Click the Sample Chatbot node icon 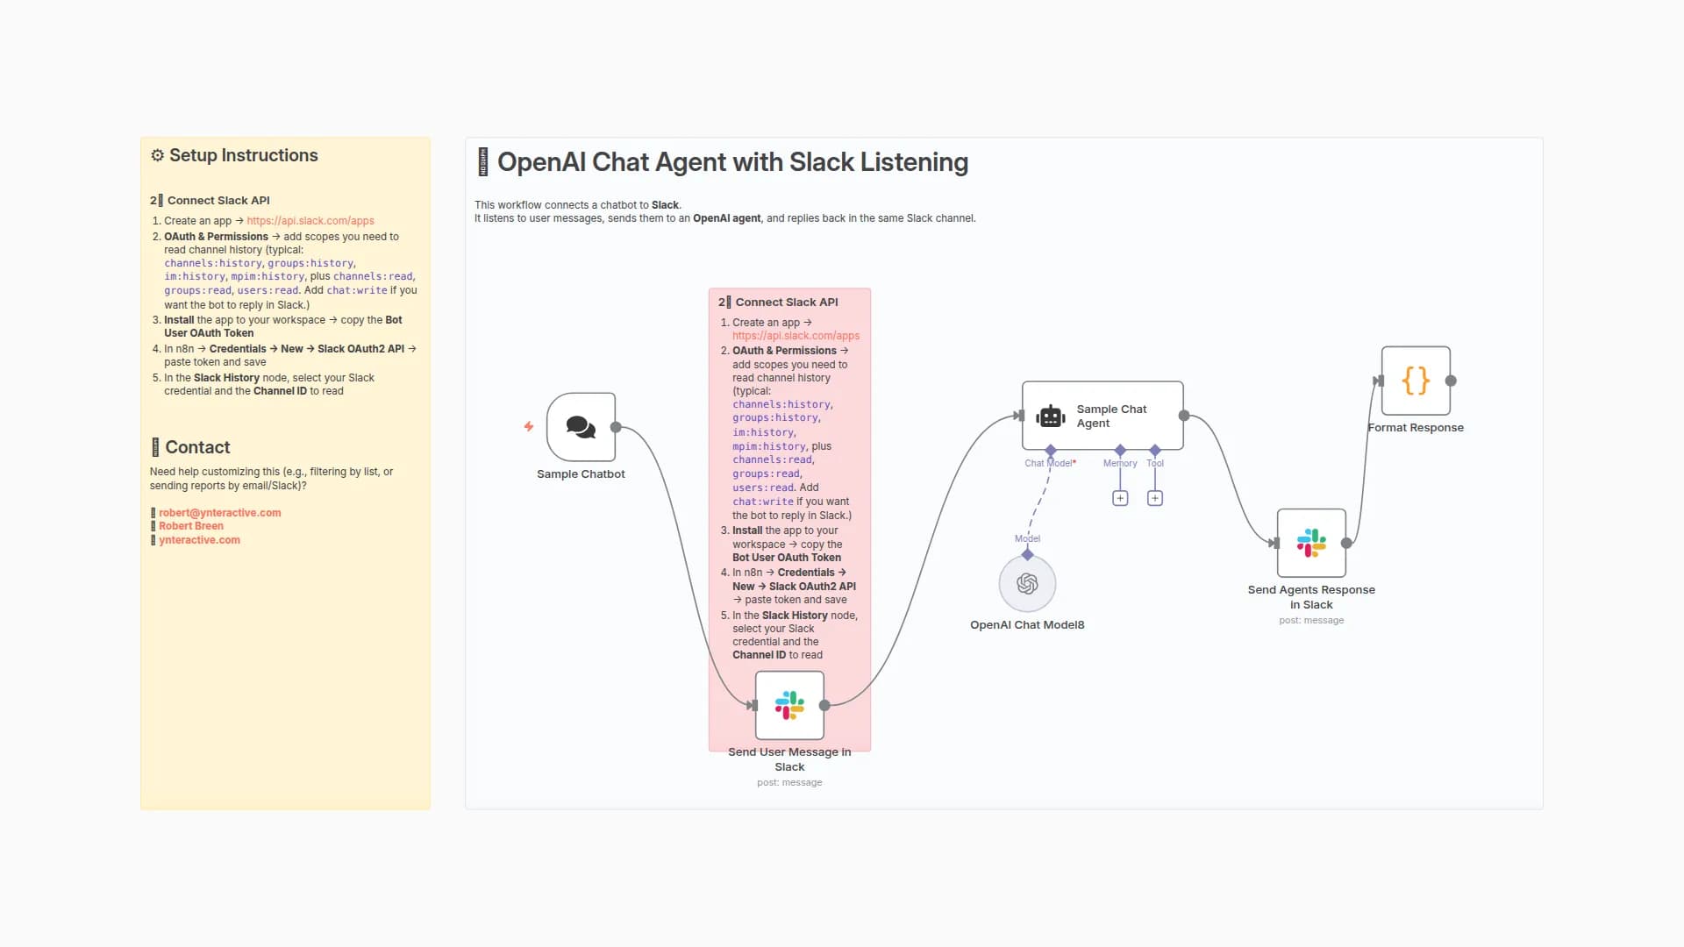pos(581,427)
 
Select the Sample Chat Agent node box pos(1102,416)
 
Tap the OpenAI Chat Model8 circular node pos(1027,584)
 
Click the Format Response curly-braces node pos(1416,381)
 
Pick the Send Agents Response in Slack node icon pos(1311,543)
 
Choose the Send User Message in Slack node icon pos(789,705)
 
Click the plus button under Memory pos(1120,498)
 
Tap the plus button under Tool pos(1155,498)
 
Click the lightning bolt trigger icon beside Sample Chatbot pos(529,427)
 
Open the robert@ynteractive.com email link pos(219,513)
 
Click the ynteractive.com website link pos(199,540)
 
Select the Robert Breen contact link pos(191,526)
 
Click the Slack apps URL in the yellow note pos(310,221)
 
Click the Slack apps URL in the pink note pos(796,336)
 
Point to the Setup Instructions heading pos(243,155)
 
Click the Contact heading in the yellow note pos(197,447)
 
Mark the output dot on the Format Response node pos(1451,381)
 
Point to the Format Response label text pos(1416,428)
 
